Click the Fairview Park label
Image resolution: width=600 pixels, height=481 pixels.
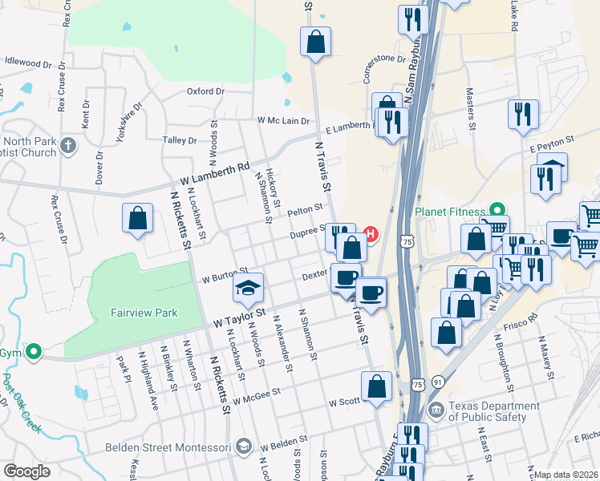[x=144, y=313]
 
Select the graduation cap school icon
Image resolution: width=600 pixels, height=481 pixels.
[x=249, y=288]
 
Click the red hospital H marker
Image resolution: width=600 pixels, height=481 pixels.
[x=371, y=234]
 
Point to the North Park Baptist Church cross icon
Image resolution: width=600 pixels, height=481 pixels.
[x=68, y=146]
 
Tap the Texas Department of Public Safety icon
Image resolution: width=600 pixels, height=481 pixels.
[x=436, y=411]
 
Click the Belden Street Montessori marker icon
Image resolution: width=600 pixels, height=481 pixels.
[x=244, y=447]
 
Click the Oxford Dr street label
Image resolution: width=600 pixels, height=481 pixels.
[x=205, y=91]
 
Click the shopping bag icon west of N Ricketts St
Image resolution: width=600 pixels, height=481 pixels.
[x=137, y=219]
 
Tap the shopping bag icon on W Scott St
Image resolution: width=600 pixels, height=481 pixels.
[x=376, y=387]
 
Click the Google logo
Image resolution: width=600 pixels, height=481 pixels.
[x=26, y=471]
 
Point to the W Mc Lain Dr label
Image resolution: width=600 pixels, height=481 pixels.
[x=283, y=120]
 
